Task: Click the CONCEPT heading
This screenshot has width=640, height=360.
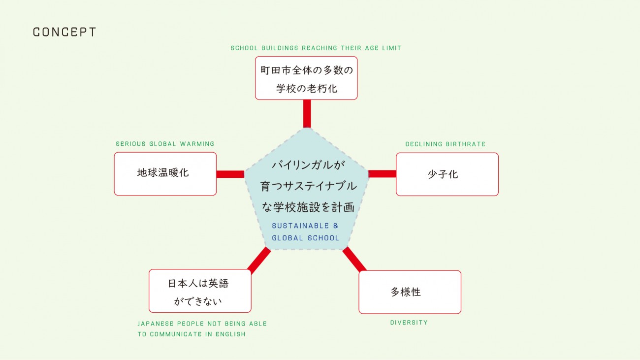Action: [64, 33]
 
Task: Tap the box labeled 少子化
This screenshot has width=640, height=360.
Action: [447, 174]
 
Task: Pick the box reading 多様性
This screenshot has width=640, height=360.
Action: [410, 292]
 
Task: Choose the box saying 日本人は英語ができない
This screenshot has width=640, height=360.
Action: [200, 291]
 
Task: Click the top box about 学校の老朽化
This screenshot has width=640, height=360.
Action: [306, 78]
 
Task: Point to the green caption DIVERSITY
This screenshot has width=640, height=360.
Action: [409, 323]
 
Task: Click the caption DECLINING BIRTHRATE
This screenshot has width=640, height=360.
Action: [445, 144]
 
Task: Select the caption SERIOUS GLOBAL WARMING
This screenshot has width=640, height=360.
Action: [165, 144]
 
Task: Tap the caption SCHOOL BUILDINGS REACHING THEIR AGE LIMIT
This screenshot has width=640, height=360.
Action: [316, 48]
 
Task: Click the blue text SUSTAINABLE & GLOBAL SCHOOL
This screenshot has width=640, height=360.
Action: [305, 232]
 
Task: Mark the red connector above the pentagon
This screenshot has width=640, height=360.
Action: [307, 114]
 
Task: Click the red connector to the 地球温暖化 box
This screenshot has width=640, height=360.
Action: [230, 174]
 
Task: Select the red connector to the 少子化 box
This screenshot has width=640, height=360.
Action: [382, 174]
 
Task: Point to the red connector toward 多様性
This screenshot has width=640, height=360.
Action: [354, 260]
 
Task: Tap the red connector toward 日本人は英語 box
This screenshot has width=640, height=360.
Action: [259, 260]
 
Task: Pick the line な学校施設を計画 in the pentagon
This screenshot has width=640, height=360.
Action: [308, 207]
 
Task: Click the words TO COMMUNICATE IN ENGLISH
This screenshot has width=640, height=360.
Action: [191, 334]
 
